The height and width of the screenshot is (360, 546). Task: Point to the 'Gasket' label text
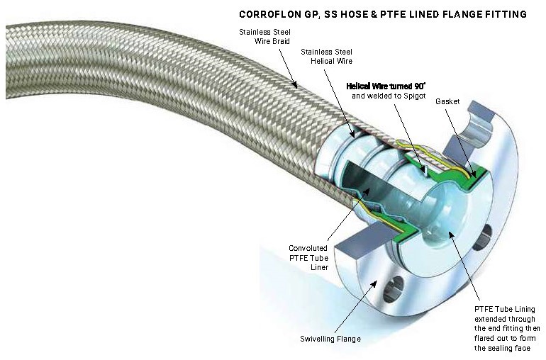(448, 102)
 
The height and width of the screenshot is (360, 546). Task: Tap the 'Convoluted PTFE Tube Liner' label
(309, 257)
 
